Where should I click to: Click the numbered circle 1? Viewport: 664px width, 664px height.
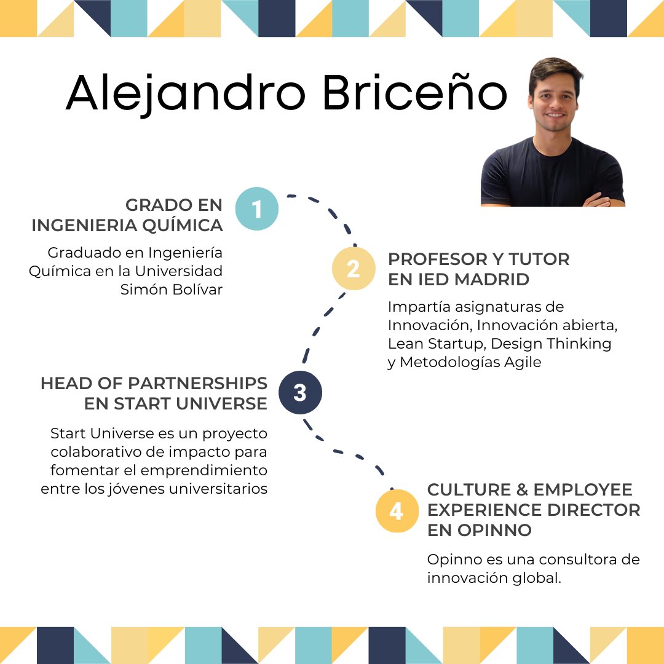click(x=256, y=209)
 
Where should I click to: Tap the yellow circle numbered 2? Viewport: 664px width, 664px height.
click(x=354, y=269)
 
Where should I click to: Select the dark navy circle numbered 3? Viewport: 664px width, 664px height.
click(x=300, y=392)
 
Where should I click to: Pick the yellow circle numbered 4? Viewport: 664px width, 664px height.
click(x=397, y=510)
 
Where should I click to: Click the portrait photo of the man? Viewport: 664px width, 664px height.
click(x=552, y=133)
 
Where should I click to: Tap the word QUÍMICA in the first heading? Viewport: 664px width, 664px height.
click(x=182, y=226)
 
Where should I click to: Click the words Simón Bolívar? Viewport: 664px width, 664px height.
click(x=172, y=290)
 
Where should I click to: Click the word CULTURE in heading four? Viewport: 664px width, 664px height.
click(x=469, y=489)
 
